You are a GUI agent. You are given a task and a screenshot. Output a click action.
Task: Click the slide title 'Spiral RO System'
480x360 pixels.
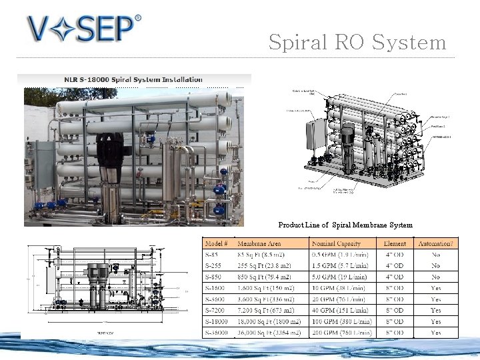pyautogui.click(x=357, y=43)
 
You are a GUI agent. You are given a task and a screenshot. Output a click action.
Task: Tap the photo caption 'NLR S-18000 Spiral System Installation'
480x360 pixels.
pyautogui.click(x=133, y=80)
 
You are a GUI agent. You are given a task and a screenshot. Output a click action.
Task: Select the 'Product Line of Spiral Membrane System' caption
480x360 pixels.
pyautogui.click(x=345, y=225)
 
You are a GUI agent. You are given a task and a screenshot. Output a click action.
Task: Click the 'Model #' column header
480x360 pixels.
pyautogui.click(x=217, y=243)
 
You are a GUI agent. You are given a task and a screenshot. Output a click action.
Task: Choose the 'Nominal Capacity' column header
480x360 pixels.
pyautogui.click(x=337, y=243)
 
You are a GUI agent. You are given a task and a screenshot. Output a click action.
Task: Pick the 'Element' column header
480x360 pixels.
pyautogui.click(x=395, y=243)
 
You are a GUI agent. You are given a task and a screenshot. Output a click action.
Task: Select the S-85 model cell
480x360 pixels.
pyautogui.click(x=213, y=255)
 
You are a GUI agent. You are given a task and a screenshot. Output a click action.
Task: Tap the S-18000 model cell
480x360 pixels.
pyautogui.click(x=219, y=321)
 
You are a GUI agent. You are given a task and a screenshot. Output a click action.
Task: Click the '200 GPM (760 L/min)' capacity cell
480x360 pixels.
pyautogui.click(x=342, y=332)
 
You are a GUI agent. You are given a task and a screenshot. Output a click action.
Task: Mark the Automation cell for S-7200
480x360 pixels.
pyautogui.click(x=435, y=310)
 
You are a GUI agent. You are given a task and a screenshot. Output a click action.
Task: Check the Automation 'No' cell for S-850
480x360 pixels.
pyautogui.click(x=435, y=277)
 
